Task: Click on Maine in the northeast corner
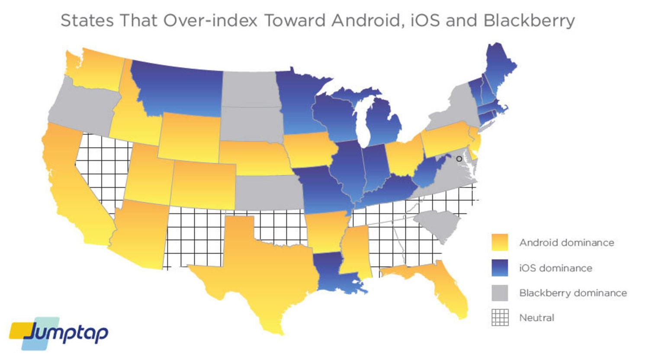500,67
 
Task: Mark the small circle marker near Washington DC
459,159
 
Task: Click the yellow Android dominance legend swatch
500,242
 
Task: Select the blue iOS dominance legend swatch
500,268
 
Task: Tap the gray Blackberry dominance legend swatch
500,293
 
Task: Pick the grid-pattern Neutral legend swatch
500,318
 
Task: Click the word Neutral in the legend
537,318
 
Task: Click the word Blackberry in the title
529,20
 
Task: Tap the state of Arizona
138,234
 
